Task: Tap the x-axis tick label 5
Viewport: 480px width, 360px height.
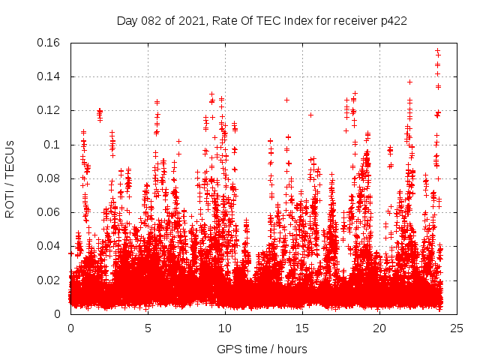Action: (x=148, y=328)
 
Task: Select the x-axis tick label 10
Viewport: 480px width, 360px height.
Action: (x=225, y=328)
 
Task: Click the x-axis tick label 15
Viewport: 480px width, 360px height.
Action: (x=302, y=328)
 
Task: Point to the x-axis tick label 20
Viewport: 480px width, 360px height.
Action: (x=379, y=328)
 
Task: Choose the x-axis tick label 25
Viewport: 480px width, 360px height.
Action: (x=457, y=328)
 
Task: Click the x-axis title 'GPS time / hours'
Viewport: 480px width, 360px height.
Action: (x=262, y=349)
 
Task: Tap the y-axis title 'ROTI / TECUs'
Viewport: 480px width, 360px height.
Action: (x=10, y=178)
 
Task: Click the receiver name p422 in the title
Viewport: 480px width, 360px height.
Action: (x=392, y=20)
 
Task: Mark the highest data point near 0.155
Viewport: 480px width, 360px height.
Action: (x=437, y=50)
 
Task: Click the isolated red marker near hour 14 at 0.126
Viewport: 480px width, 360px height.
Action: (x=286, y=100)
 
